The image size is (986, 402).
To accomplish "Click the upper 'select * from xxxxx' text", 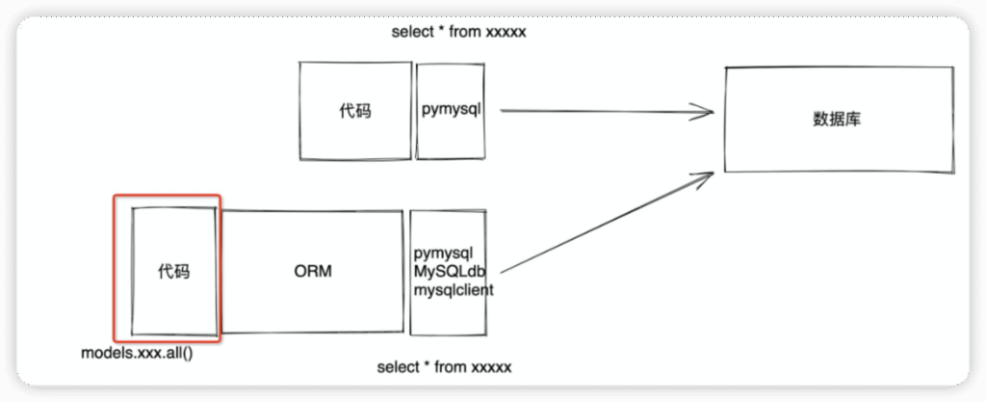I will click(x=458, y=32).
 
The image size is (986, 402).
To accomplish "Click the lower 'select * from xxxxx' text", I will click(x=444, y=366).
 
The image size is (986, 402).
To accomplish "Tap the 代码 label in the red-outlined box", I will click(x=173, y=272).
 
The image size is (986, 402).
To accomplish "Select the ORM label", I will click(x=313, y=272).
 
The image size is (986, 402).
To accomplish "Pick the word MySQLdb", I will click(x=450, y=271).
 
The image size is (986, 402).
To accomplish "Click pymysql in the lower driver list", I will click(x=443, y=254).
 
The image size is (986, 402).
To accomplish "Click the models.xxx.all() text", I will click(x=137, y=354).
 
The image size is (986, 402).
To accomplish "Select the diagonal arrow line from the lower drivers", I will click(x=607, y=222).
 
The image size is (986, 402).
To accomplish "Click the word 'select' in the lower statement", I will click(x=397, y=366).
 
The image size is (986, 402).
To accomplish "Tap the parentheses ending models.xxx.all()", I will click(x=187, y=354).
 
